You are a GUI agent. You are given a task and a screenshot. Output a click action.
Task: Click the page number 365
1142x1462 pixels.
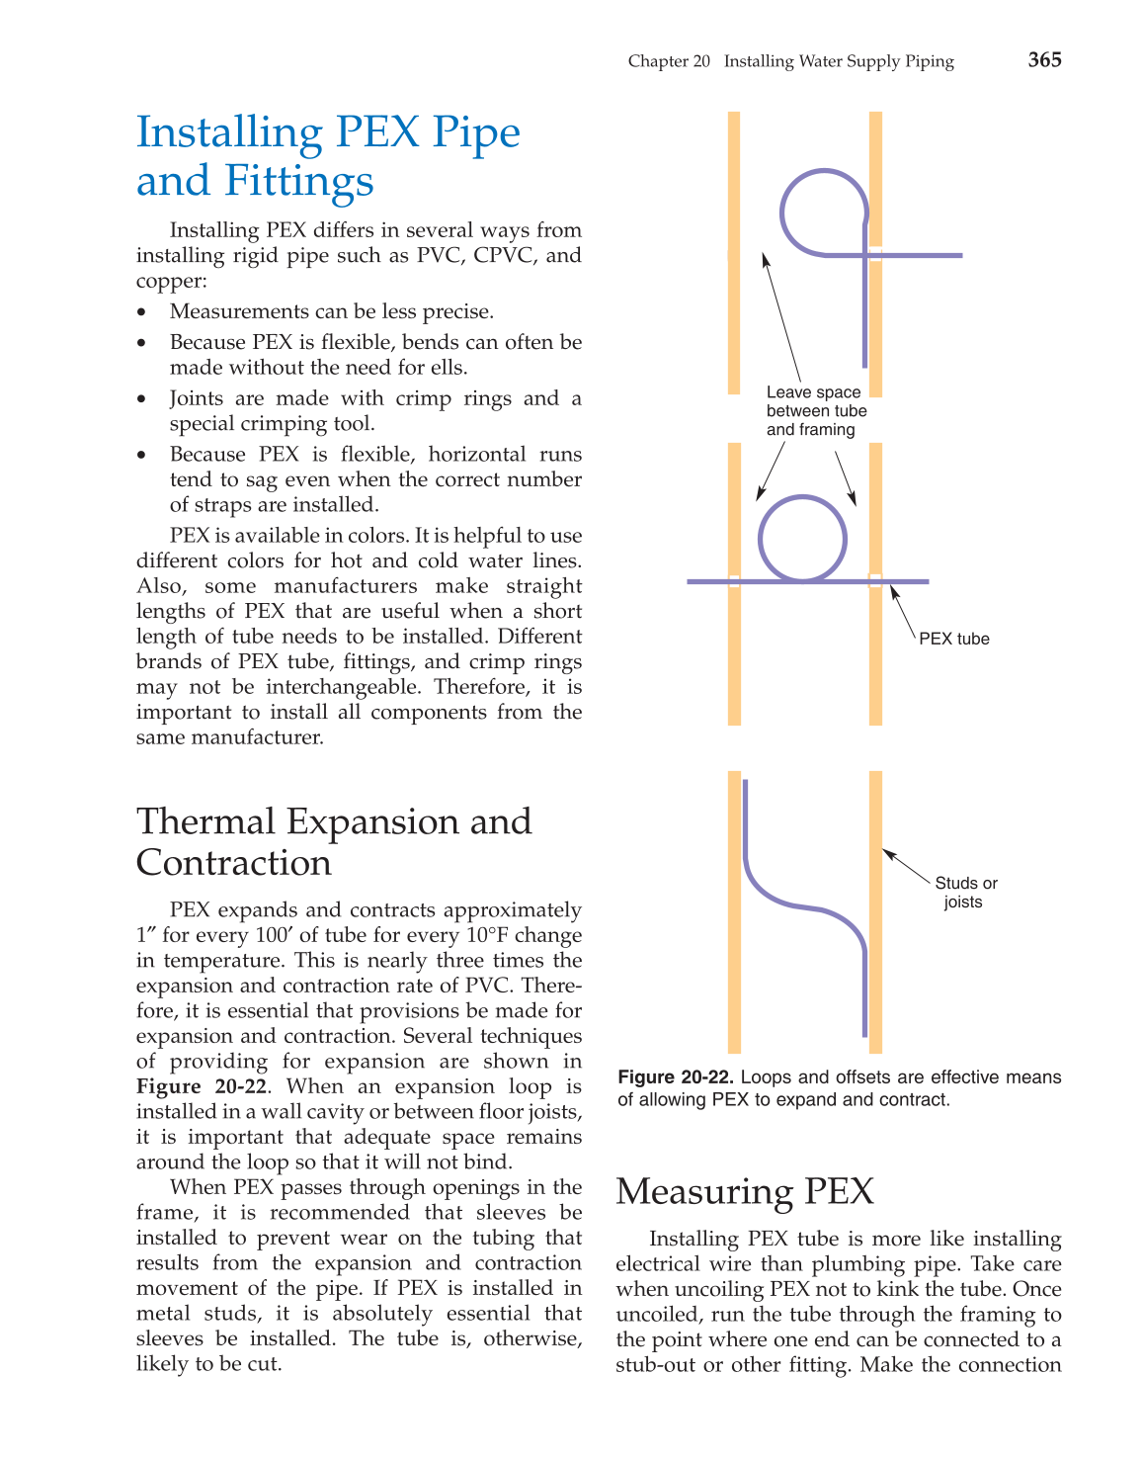[1044, 60]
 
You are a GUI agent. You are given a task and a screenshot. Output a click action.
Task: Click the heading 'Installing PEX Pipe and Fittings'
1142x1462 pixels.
[328, 156]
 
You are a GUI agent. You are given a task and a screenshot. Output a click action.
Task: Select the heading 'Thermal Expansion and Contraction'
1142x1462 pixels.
[334, 841]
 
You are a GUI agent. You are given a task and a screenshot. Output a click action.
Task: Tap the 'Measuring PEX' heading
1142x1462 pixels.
[745, 1191]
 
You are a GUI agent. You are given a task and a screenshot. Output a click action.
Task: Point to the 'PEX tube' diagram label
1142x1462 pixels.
[953, 639]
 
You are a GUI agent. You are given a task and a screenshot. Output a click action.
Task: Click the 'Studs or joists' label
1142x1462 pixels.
[965, 893]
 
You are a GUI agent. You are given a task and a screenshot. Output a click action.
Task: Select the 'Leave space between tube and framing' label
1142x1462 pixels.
[815, 411]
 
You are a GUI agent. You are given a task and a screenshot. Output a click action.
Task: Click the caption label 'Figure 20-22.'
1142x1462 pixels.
[676, 1077]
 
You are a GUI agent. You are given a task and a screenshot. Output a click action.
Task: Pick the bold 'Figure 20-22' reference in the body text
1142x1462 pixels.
[202, 1087]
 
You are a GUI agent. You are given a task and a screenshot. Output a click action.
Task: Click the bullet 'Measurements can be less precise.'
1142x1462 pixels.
[331, 312]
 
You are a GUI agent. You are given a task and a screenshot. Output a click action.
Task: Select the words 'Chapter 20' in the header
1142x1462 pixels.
[669, 61]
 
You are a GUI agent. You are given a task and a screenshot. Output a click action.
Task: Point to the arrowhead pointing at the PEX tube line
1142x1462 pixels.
[894, 591]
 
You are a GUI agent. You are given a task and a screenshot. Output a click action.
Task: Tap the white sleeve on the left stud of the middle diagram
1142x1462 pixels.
[734, 581]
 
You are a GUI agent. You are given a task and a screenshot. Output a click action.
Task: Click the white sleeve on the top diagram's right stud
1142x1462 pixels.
[875, 254]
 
